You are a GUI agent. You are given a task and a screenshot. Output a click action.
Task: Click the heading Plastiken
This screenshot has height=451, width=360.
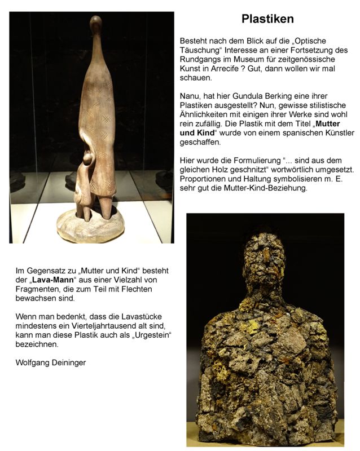coord(267,19)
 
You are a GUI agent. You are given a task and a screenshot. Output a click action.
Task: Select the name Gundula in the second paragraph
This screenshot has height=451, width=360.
coord(249,96)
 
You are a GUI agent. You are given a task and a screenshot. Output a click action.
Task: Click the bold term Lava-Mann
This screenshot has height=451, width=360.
coord(48,280)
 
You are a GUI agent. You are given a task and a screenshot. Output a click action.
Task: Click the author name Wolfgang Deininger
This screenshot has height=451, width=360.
coord(50,362)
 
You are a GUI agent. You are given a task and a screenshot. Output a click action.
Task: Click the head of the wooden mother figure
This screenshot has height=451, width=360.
coord(96,24)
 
